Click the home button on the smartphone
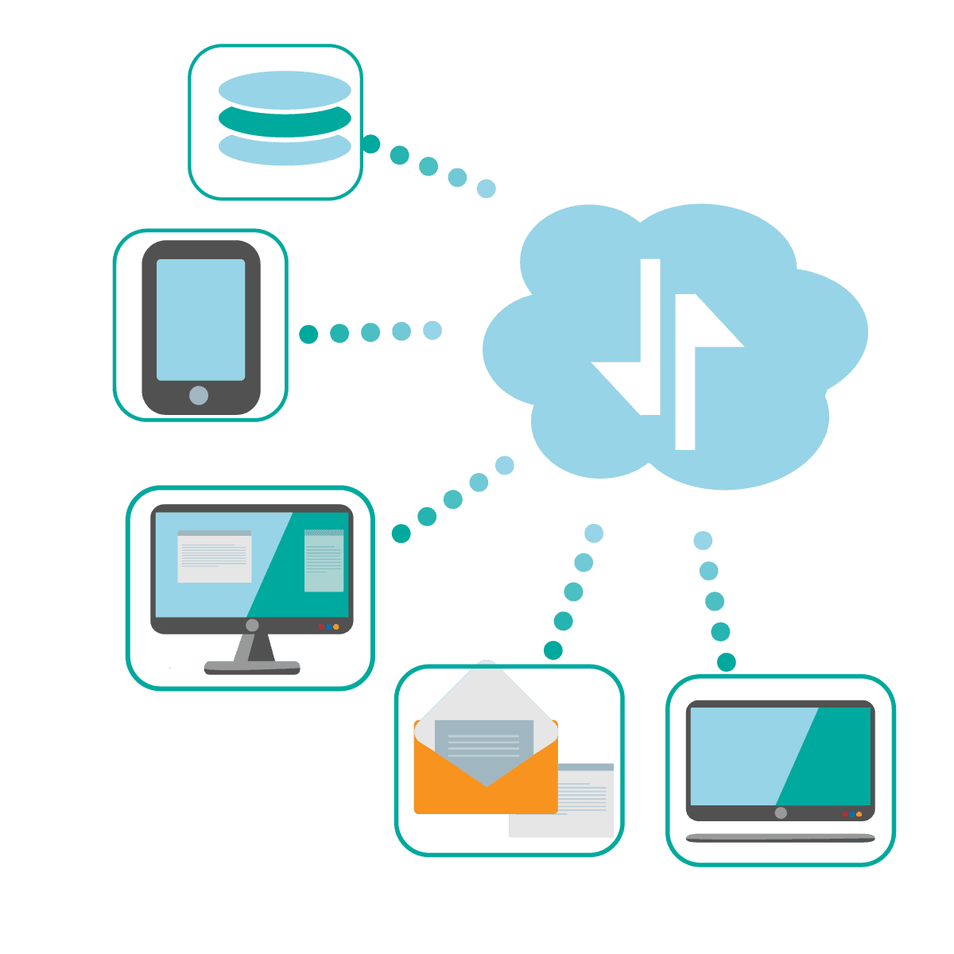(199, 395)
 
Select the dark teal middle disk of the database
(285, 120)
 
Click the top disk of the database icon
(285, 89)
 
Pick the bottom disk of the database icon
(285, 150)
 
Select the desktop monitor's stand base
(252, 667)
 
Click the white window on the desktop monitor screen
(214, 556)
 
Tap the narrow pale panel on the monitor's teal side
(324, 561)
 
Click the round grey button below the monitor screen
(252, 626)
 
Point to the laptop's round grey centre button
(781, 812)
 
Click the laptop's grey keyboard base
(780, 837)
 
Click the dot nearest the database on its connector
(370, 144)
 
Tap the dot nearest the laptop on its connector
(726, 661)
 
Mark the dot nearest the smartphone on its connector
(308, 334)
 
